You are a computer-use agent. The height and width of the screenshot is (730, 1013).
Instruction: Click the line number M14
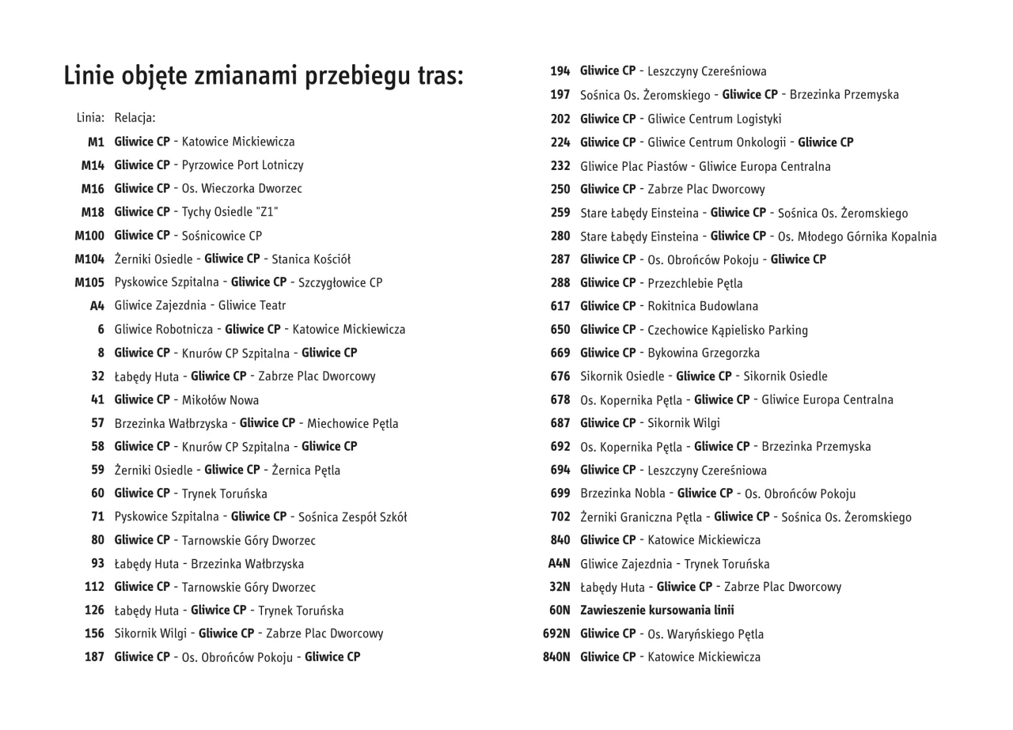[93, 165]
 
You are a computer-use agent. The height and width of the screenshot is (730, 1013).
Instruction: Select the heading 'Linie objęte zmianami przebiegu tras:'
[264, 77]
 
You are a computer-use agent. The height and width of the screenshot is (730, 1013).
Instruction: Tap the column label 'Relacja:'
[135, 118]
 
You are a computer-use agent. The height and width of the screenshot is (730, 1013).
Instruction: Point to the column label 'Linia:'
[90, 118]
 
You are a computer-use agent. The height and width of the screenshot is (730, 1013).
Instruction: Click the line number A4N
[559, 564]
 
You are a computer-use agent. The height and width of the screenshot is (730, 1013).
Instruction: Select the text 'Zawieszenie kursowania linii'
[657, 611]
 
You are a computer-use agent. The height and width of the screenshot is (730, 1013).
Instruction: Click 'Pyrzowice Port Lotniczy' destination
[242, 165]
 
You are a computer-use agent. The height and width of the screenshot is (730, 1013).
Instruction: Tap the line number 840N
[556, 657]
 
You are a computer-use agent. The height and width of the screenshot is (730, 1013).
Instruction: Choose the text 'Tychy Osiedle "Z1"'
[230, 212]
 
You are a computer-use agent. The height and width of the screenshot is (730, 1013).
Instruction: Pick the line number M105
[89, 282]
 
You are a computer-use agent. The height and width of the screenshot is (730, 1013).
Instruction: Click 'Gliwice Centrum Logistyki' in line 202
[714, 119]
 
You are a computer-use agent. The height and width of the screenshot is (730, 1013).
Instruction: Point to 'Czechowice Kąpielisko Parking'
[727, 330]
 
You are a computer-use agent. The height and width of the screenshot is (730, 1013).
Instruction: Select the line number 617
[560, 306]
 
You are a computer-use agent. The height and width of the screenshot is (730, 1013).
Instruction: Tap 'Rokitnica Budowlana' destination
[703, 306]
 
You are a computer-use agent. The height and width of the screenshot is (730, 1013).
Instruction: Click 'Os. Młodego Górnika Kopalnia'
[857, 236]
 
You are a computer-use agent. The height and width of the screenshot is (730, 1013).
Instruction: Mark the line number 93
[97, 564]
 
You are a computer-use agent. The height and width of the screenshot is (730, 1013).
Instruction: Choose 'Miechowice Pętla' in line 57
[353, 423]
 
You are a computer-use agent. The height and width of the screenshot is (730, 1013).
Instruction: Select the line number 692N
[556, 634]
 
